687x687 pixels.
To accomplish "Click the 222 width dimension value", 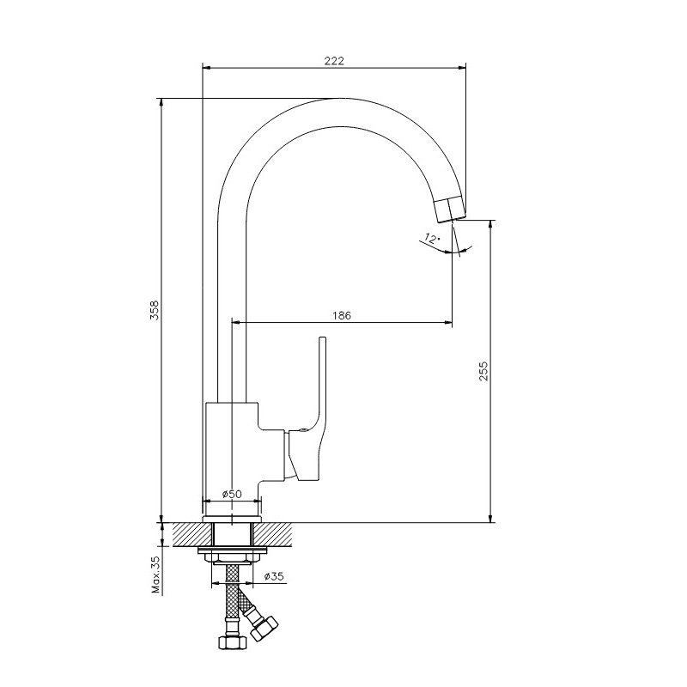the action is pos(334,60).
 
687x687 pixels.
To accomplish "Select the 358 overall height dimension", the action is pos(155,310).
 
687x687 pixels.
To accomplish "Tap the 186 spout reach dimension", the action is pos(342,315).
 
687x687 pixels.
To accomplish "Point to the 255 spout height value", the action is pos(483,371).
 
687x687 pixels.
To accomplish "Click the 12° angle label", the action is pos(431,239).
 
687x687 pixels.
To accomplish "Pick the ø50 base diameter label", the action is pos(232,494).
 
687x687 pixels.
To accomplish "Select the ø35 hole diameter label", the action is pos(274,576).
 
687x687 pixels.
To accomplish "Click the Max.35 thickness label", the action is pos(156,575).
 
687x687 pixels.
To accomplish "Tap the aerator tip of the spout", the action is pos(450,210).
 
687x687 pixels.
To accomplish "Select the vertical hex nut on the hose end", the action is pos(233,642).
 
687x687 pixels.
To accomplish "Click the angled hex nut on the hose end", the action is pos(264,628).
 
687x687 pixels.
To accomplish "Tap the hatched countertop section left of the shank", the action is pos(192,534).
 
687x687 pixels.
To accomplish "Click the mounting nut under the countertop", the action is pos(232,556).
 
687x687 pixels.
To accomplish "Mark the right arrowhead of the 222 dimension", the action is pos(461,68).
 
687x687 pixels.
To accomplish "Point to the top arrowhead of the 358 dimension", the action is pos(161,102).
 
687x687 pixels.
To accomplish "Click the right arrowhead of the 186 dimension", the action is pos(447,324).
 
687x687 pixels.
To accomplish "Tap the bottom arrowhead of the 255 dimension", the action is pos(490,518).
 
